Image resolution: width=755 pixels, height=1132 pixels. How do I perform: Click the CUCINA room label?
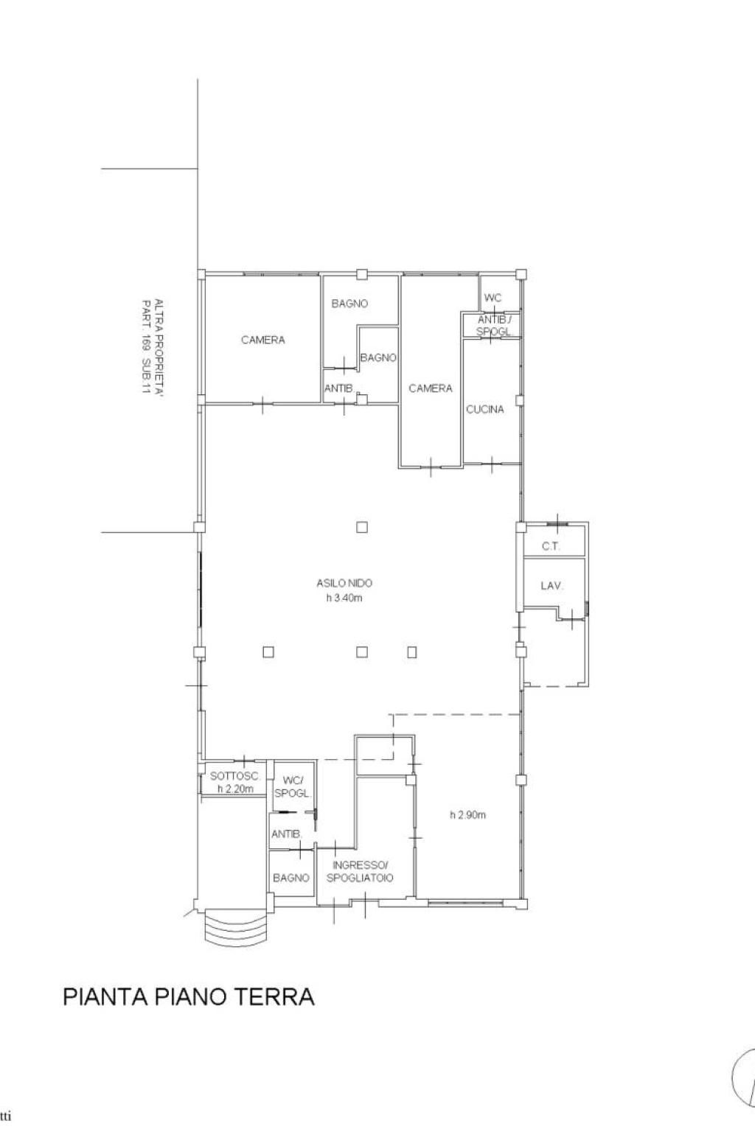click(484, 409)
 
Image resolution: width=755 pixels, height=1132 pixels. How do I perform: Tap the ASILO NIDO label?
click(344, 583)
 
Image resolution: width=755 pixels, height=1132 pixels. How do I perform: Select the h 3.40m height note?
click(344, 598)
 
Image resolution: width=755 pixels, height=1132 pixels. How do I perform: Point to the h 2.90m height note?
click(467, 814)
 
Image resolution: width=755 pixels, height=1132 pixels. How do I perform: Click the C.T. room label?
click(551, 546)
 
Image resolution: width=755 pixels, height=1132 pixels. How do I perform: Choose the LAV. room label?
click(552, 586)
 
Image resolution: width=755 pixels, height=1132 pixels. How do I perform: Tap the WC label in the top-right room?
click(493, 298)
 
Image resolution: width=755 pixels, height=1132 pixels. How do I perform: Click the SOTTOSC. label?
click(234, 776)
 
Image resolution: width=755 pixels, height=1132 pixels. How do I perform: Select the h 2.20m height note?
click(235, 789)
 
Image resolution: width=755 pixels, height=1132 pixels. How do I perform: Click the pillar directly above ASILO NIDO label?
click(361, 527)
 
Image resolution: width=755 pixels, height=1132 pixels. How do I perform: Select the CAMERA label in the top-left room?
click(263, 340)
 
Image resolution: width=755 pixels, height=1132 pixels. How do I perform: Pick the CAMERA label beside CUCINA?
click(431, 388)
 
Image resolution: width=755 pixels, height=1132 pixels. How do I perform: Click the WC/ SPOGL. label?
click(292, 787)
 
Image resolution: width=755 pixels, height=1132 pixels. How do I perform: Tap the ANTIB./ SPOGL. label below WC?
click(495, 326)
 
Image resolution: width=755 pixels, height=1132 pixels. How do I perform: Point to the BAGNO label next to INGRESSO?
click(290, 878)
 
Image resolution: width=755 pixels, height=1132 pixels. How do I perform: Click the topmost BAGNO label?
click(349, 303)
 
